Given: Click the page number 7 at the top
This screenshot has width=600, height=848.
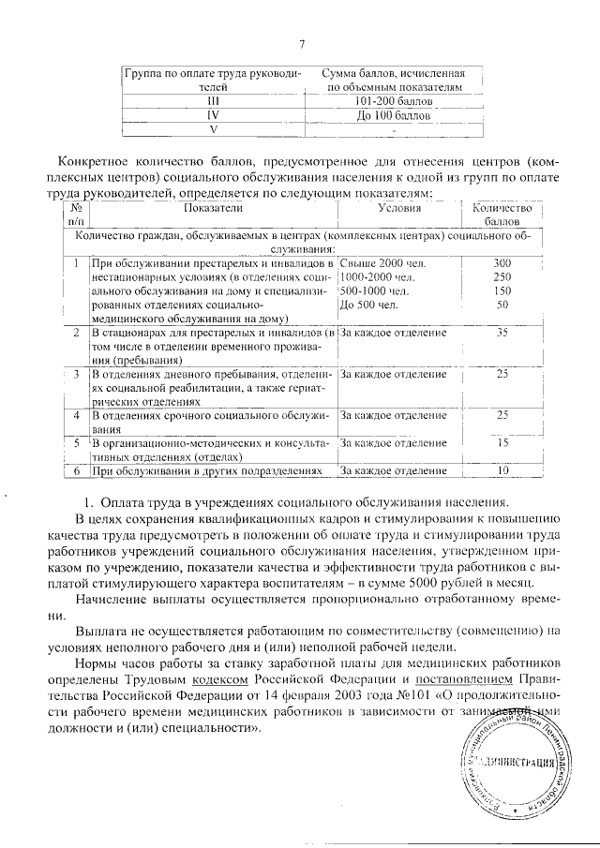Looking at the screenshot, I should tap(302, 44).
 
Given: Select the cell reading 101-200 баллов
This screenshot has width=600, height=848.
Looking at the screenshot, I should tap(394, 98).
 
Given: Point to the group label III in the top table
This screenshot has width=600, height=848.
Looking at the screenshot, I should tap(213, 98).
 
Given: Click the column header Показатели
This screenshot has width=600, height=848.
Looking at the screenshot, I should tap(213, 208).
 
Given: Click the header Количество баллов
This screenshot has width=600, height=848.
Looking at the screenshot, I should tap(502, 216).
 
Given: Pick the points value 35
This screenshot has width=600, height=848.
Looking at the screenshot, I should tap(502, 333).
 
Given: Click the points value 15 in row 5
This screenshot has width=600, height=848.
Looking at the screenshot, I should tap(502, 442).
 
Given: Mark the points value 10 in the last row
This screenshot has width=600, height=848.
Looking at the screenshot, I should tap(502, 469).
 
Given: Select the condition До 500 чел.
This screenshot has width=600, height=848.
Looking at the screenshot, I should tap(370, 305).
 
